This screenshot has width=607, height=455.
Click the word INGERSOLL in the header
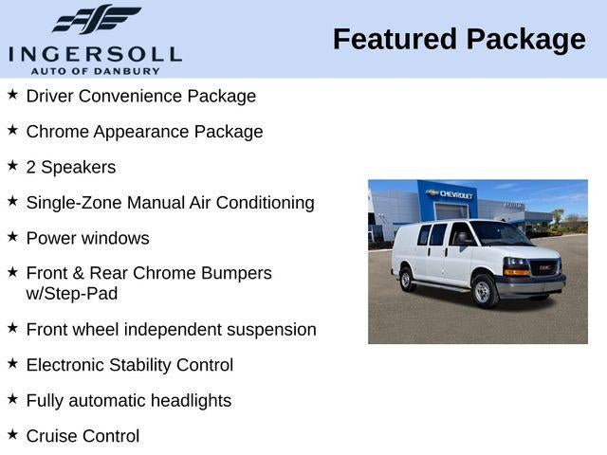coord(94,53)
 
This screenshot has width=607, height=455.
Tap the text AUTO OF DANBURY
coord(94,70)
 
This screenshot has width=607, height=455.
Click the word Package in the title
coord(524,40)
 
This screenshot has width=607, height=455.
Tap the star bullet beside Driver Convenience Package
coord(12,95)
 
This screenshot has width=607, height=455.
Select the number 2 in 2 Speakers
coord(31,167)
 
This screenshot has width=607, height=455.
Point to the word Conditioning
coord(267,203)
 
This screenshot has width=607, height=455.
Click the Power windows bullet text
coord(87,238)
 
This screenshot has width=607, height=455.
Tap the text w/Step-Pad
coord(72,294)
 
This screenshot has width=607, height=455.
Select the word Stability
coord(146,365)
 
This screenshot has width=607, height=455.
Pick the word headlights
coord(186,401)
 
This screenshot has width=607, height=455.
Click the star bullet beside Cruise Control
coord(12,434)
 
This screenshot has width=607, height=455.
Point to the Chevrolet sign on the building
coord(451,194)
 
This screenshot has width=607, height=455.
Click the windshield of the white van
coord(499,233)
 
